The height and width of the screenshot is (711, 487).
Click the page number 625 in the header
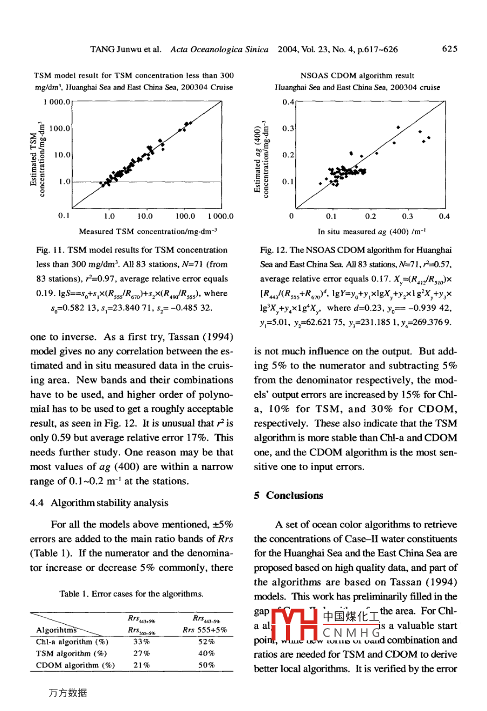pyautogui.click(x=449, y=49)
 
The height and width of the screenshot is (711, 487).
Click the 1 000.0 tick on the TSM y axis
pyautogui.click(x=55, y=101)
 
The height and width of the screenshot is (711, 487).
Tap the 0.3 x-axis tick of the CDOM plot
pyautogui.click(x=407, y=217)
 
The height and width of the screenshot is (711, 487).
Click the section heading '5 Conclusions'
pyautogui.click(x=288, y=496)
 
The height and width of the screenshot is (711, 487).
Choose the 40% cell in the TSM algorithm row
pyautogui.click(x=204, y=653)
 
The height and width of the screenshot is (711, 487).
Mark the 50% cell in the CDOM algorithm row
pyautogui.click(x=204, y=665)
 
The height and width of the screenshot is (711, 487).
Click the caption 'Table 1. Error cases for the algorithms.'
pyautogui.click(x=131, y=595)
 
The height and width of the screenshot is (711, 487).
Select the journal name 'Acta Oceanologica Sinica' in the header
pyautogui.click(x=219, y=49)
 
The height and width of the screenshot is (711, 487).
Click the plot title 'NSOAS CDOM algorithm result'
pyautogui.click(x=357, y=76)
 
